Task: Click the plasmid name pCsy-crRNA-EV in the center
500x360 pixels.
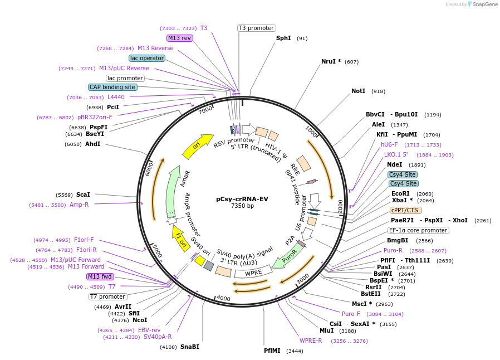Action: coord(242,198)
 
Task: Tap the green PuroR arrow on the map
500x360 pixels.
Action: coord(290,257)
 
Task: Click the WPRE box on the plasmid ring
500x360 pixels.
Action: coord(253,273)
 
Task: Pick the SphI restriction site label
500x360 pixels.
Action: coord(283,38)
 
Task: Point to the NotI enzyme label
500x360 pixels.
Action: coord(358,91)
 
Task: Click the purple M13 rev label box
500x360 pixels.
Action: coord(179,38)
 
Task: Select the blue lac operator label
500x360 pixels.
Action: coord(146,58)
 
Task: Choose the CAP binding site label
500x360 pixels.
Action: coord(112,87)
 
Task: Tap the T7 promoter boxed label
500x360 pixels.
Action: coord(108,296)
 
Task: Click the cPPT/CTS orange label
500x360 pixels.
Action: coord(405,210)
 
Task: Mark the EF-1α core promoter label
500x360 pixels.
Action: coord(418,230)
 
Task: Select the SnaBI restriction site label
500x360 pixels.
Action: coord(189,347)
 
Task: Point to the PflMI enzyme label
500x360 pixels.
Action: coord(273,351)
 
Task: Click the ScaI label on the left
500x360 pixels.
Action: coord(83,194)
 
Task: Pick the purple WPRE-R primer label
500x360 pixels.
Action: coord(311,340)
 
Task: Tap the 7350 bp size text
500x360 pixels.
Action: coord(242,206)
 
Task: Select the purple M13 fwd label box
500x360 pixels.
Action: coord(100,276)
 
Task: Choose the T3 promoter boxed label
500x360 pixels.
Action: coord(256,28)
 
